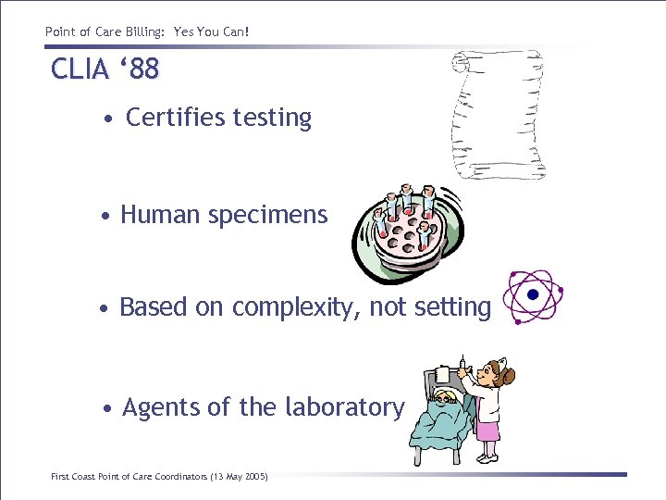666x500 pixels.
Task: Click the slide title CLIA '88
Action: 105,69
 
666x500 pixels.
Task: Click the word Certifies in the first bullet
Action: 176,118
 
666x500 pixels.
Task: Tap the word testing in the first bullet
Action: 272,119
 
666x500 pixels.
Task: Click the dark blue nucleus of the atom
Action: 532,295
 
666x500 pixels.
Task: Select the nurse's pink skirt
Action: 487,431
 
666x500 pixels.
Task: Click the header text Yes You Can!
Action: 212,32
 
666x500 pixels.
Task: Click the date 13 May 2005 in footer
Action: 239,477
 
